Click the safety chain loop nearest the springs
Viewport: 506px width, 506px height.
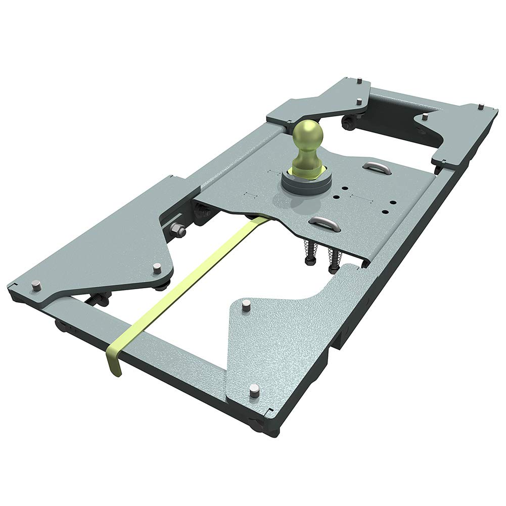click(325, 222)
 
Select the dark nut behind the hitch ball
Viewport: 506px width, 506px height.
click(348, 121)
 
